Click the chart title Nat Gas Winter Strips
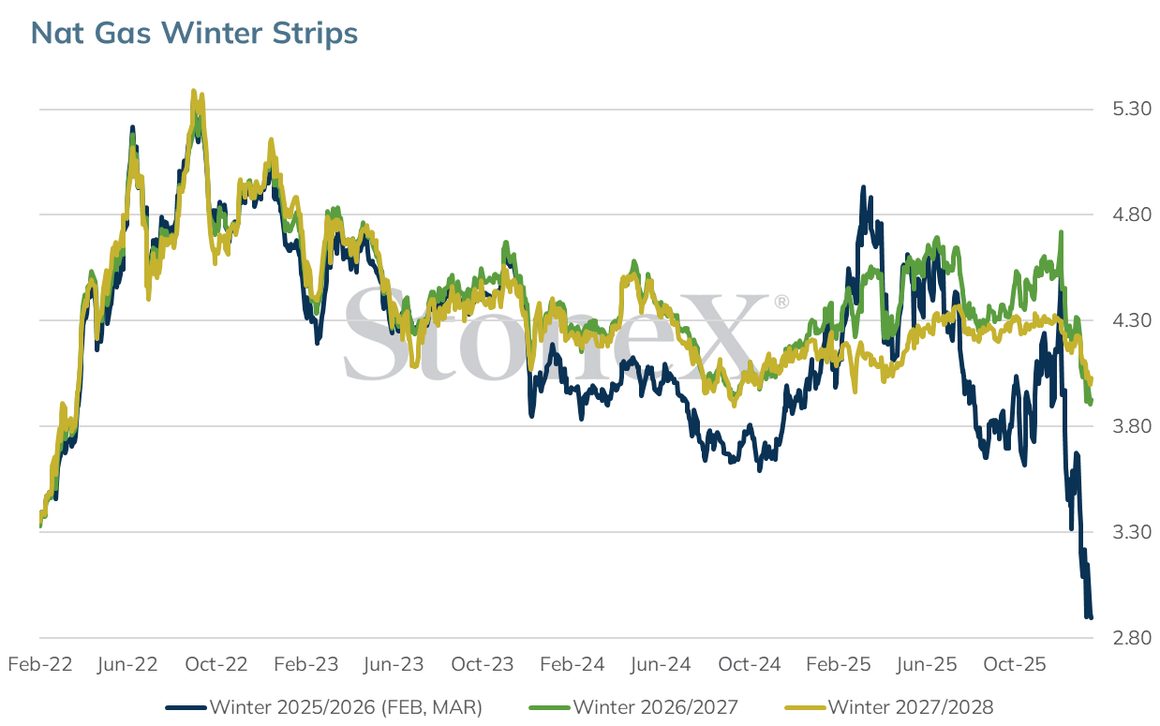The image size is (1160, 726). click(x=194, y=33)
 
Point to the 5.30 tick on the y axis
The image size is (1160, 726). click(x=1132, y=109)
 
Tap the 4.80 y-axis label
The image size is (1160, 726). click(x=1132, y=215)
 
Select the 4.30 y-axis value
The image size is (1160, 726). click(x=1132, y=320)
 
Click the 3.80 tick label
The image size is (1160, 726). click(x=1132, y=426)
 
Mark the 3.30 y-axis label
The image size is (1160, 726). click(x=1132, y=532)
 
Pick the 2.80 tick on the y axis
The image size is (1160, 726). click(x=1132, y=637)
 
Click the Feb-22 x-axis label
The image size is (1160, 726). click(x=40, y=664)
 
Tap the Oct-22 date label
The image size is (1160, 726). click(x=216, y=664)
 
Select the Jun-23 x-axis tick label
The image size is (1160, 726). click(x=394, y=664)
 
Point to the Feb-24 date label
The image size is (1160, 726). click(x=573, y=664)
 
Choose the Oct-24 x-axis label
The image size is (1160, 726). click(x=749, y=664)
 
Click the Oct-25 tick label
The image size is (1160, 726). click(x=1015, y=664)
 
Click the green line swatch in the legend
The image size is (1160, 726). click(x=549, y=708)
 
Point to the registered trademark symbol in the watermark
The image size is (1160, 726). click(x=781, y=302)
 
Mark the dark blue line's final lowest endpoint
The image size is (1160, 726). click(x=1091, y=617)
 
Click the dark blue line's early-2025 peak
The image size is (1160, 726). click(x=863, y=187)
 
